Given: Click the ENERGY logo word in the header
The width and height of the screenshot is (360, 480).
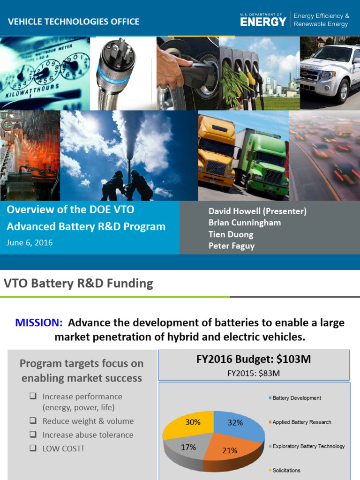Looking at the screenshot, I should [263, 22].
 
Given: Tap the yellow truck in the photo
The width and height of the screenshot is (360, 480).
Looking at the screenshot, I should [216, 150].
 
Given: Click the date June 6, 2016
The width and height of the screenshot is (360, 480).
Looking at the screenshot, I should [30, 243].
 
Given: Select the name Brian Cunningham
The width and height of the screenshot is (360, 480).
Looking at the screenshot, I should [245, 223].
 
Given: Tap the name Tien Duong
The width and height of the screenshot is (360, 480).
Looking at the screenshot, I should [231, 234].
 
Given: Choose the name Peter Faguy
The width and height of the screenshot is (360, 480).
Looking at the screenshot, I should [232, 246].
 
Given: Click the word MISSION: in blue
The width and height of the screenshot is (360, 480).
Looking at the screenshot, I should [39, 323].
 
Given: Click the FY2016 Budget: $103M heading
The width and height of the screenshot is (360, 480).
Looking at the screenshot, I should [253, 360].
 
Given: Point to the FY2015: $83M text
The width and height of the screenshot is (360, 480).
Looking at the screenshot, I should [253, 374].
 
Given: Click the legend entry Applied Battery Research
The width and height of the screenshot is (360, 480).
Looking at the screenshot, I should [301, 422].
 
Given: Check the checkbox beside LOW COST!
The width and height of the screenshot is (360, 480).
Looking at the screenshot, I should [33, 448].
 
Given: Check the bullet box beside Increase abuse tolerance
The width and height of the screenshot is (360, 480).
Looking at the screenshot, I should [33, 435].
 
